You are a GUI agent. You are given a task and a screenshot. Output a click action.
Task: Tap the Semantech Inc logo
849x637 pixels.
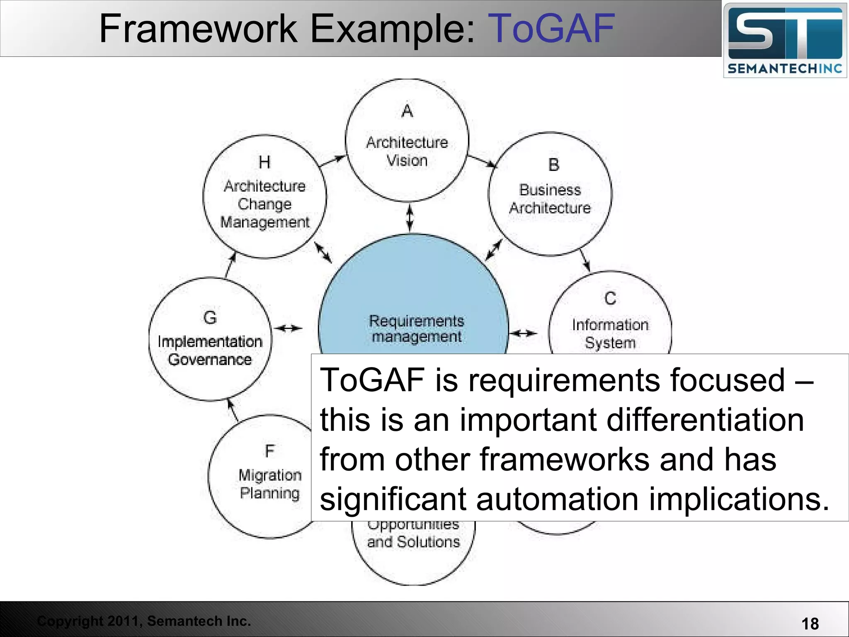click(785, 41)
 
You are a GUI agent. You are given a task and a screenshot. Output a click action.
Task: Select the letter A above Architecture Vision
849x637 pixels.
click(407, 111)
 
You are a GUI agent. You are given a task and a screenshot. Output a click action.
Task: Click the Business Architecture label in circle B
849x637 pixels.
click(550, 199)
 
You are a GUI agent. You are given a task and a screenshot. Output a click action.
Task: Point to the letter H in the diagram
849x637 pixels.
click(264, 162)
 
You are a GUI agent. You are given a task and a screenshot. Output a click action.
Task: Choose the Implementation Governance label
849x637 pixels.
click(210, 350)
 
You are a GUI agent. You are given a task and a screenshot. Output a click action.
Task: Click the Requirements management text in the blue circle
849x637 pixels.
click(416, 328)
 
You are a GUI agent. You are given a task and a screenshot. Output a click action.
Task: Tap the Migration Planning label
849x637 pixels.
click(269, 484)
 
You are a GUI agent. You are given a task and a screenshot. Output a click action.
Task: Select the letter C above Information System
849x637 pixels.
click(610, 299)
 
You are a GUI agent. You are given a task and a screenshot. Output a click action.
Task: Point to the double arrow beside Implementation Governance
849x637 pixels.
click(289, 328)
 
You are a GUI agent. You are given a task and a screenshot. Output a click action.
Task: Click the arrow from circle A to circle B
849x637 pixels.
click(482, 161)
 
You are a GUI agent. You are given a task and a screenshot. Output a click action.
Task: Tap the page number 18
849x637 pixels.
click(810, 623)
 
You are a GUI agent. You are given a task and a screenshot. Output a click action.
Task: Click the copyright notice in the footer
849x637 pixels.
click(144, 621)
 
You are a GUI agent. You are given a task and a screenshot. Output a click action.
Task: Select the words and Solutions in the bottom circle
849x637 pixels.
click(413, 542)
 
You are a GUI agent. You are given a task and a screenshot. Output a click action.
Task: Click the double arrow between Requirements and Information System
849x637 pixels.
click(523, 333)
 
